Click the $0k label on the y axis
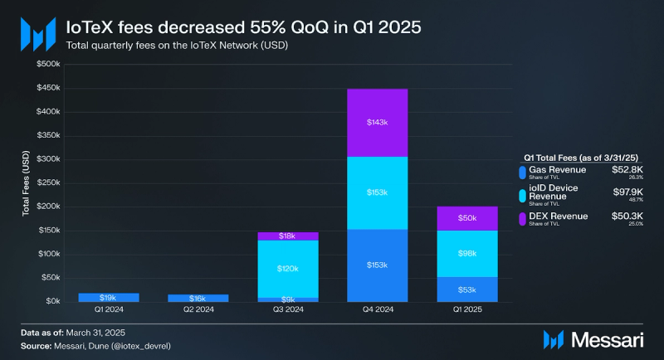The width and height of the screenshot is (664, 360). pos(52,301)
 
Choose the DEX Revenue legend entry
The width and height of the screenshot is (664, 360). pos(558,216)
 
